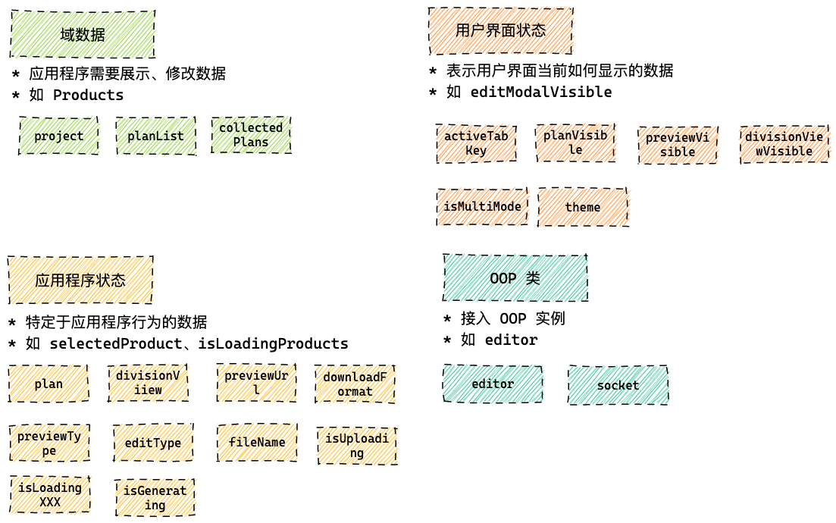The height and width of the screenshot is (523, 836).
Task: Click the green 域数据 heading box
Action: tap(83, 34)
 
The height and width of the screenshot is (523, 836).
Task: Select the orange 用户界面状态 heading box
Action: tap(500, 30)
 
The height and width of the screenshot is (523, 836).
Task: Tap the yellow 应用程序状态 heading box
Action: tap(80, 280)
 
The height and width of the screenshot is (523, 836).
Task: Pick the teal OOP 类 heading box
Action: tap(515, 278)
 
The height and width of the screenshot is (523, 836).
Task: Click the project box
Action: tap(58, 136)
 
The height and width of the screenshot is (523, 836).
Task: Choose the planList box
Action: tap(155, 136)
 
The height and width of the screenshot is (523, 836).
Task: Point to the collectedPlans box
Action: tap(251, 135)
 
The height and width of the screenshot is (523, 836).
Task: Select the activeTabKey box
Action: tap(476, 143)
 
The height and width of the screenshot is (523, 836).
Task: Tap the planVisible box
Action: tap(575, 142)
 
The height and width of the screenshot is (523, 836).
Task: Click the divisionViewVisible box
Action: tap(784, 144)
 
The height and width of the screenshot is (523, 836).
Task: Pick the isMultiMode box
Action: tap(483, 207)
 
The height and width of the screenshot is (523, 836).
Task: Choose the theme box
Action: tap(583, 207)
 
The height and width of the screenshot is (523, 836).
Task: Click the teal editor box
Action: tap(493, 384)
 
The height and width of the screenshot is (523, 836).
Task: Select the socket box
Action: tap(618, 385)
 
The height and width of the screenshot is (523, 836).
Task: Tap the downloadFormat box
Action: tap(355, 384)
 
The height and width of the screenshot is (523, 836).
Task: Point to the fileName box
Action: tap(257, 443)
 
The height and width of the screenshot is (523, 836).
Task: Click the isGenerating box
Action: tap(155, 498)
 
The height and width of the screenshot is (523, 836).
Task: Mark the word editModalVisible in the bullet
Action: tap(540, 92)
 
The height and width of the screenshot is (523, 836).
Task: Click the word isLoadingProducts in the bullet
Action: tap(273, 344)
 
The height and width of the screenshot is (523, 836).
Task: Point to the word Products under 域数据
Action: tap(88, 96)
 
